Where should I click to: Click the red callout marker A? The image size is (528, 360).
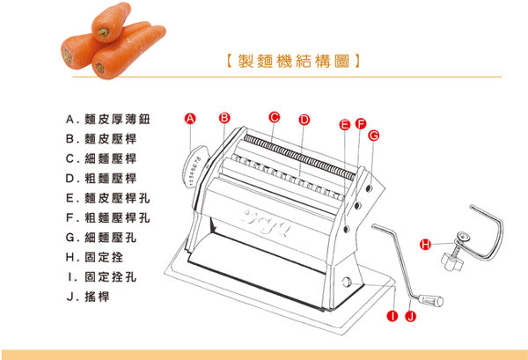[190, 119]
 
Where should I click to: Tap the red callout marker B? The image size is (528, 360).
[224, 118]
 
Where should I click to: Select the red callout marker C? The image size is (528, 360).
[275, 117]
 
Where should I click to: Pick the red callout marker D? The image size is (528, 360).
[304, 120]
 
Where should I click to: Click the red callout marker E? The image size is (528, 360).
[344, 125]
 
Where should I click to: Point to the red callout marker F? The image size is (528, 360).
[361, 124]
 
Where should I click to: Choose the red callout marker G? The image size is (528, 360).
[374, 136]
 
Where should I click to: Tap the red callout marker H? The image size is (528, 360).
[426, 244]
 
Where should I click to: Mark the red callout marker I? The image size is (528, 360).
[392, 316]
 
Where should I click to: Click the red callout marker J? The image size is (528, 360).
[410, 316]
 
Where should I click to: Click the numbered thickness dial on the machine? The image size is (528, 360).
[194, 168]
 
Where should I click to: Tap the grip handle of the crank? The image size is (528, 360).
[431, 300]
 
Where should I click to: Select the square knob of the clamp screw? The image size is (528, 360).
[451, 261]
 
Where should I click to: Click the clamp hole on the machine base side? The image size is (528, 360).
[347, 282]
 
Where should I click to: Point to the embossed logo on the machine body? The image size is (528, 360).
[264, 223]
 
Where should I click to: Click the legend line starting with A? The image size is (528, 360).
[107, 119]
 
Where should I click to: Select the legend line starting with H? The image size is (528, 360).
[94, 257]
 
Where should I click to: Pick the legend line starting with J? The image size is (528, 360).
[88, 297]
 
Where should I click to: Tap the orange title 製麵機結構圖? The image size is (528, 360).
[293, 62]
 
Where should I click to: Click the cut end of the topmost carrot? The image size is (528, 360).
[104, 33]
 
